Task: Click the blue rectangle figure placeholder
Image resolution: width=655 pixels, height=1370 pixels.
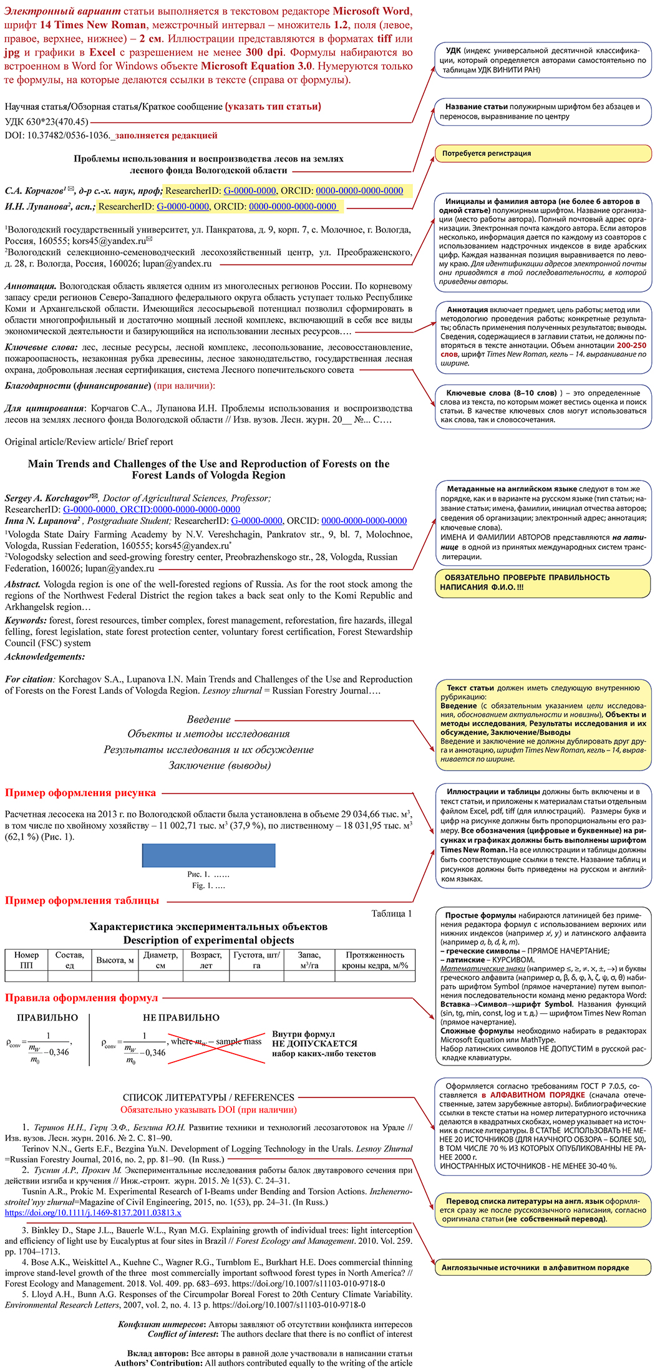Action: click(x=208, y=855)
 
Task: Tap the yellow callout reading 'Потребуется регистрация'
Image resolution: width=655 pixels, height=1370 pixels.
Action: click(x=543, y=153)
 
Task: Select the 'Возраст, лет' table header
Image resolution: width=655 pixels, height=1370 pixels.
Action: click(x=206, y=959)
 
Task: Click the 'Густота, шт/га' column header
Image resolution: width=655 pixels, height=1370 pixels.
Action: click(x=256, y=959)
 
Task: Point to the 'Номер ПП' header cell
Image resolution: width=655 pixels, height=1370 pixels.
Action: click(x=26, y=959)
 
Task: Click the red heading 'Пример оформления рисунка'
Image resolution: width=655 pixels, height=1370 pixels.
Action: click(x=80, y=793)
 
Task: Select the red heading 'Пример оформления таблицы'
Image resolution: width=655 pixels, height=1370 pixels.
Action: click(x=82, y=900)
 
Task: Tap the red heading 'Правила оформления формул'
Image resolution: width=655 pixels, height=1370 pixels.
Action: click(x=81, y=998)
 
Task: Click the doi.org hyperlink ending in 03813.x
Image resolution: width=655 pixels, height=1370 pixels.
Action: click(x=93, y=1213)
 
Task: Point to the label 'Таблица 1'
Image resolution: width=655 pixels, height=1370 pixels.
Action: click(x=391, y=913)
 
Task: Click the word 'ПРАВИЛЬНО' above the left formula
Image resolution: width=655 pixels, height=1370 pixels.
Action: click(x=47, y=1018)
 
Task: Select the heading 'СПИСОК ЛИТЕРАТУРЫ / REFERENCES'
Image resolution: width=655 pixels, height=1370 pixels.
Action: click(x=208, y=1097)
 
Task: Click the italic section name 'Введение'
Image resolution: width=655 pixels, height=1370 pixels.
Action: click(x=208, y=719)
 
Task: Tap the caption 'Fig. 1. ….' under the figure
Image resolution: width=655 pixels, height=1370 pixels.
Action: click(x=208, y=885)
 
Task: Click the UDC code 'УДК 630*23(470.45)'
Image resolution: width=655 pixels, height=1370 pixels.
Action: click(x=47, y=122)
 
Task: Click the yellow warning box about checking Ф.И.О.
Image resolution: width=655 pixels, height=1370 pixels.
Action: click(x=543, y=582)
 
